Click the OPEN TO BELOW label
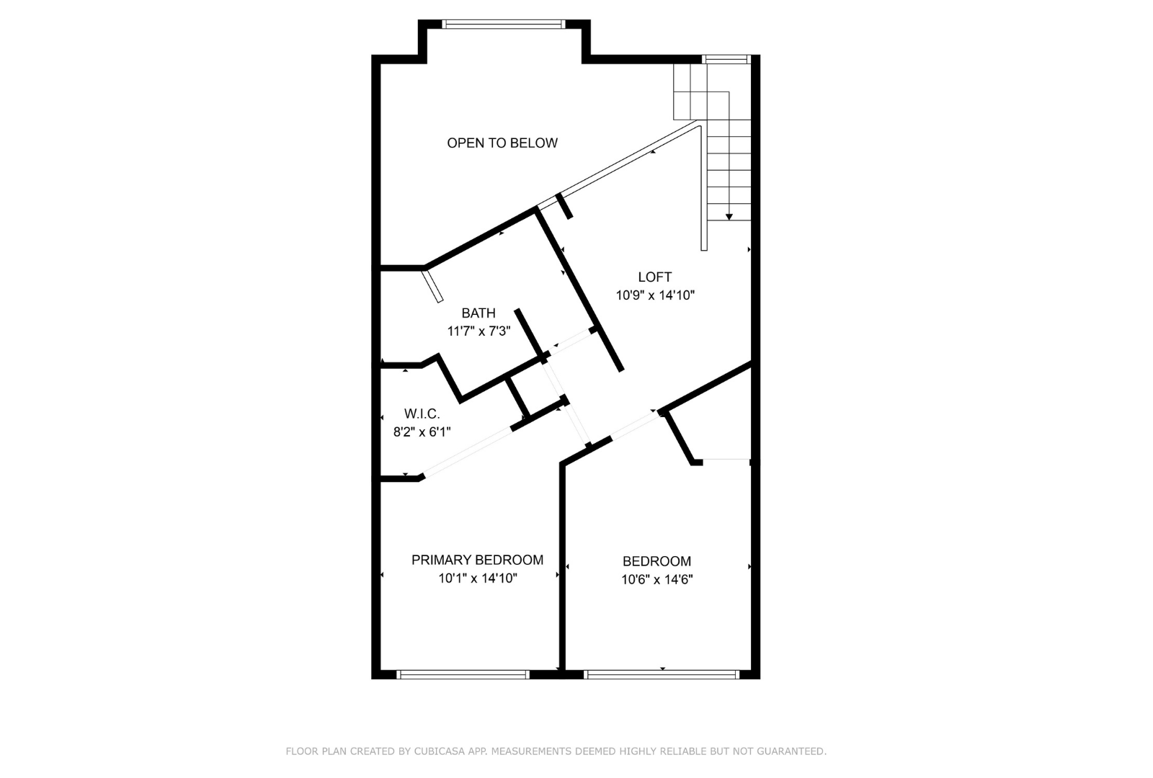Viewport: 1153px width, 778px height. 502,143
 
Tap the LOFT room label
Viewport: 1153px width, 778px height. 654,277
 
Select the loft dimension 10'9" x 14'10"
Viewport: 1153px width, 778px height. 654,295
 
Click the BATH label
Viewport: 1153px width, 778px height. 478,313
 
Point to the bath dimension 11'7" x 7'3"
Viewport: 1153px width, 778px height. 478,331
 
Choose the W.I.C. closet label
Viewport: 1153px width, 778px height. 422,413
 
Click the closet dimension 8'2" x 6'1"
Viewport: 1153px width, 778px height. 422,432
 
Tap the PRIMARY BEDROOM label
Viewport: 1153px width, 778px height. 477,560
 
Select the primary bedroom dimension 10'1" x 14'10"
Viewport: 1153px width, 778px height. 477,578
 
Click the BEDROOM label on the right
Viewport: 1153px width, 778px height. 656,561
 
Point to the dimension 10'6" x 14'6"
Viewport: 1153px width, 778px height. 656,579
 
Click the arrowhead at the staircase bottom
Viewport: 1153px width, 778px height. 729,216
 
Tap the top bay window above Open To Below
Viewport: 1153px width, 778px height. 503,24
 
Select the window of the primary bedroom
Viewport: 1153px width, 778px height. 463,675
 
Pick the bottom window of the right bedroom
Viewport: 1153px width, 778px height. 662,675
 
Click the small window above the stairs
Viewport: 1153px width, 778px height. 726,59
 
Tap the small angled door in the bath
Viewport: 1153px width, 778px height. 433,286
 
